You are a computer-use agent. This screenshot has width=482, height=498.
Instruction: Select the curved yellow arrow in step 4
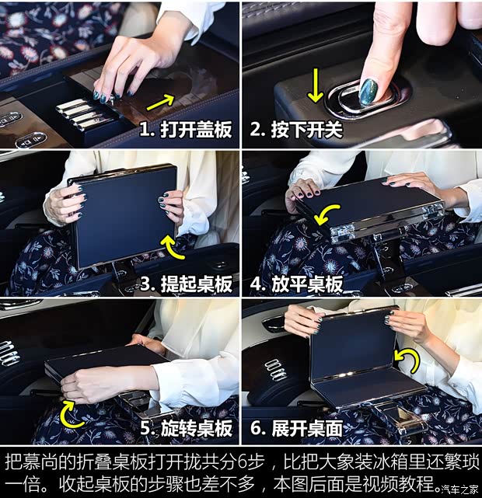[326, 213]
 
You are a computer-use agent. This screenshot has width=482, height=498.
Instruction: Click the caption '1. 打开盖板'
[186, 130]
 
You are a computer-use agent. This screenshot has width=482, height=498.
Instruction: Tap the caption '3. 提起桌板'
[186, 284]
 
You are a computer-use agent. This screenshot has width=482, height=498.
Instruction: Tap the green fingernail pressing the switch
[368, 91]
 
